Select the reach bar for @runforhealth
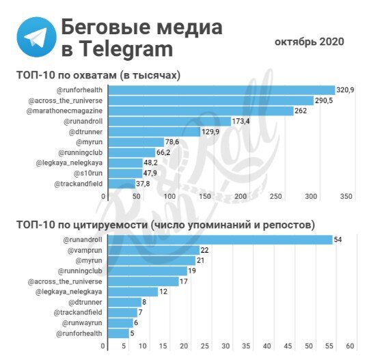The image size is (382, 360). [x=219, y=90]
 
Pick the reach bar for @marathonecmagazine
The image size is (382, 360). [x=199, y=111]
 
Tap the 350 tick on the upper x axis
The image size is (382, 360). [x=345, y=196]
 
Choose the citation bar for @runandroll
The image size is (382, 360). [x=218, y=240]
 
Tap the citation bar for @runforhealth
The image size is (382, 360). [x=115, y=333]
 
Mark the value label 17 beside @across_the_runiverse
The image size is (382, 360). [x=184, y=281]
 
